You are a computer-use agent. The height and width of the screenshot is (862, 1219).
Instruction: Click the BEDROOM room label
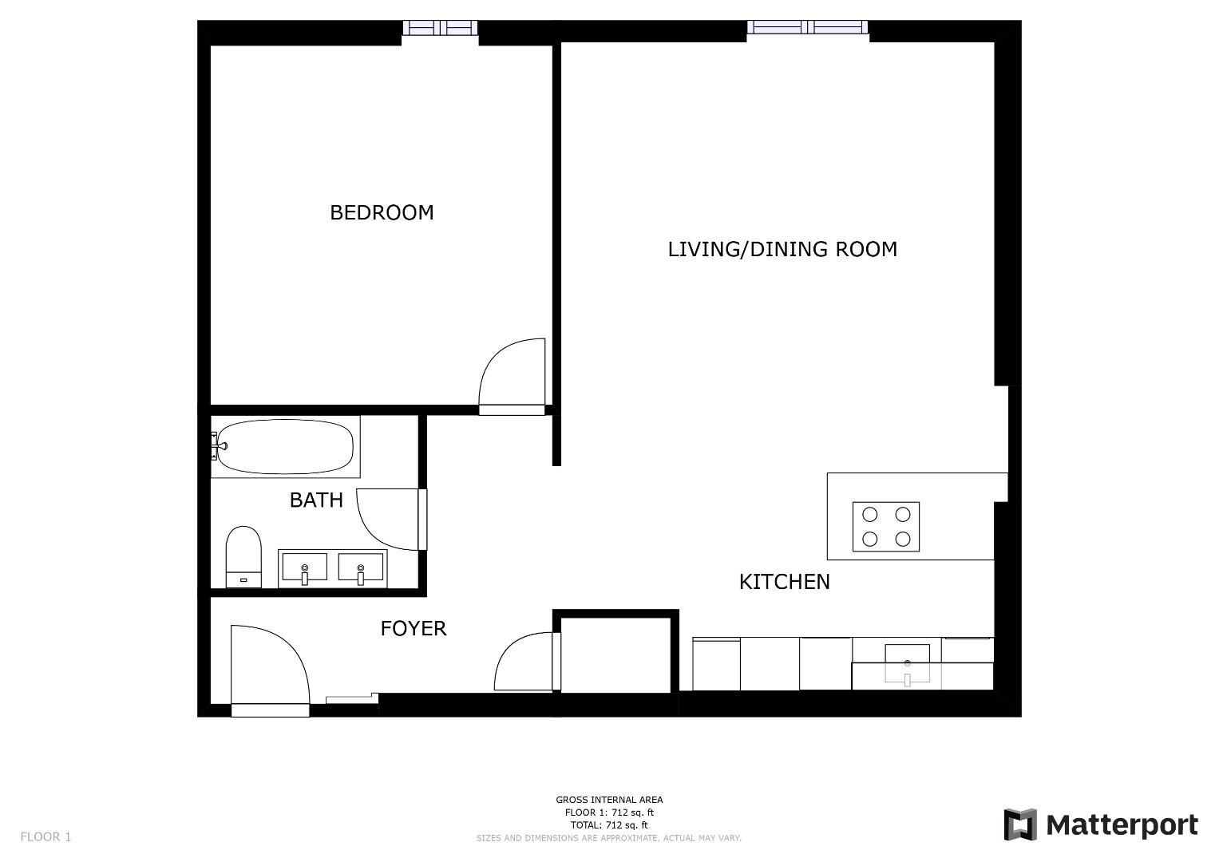382,212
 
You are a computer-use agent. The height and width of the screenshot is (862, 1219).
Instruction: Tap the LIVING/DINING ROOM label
782,249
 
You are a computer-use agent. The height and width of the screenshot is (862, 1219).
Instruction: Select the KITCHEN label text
784,582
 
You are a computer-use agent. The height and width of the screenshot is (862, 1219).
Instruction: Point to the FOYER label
413,629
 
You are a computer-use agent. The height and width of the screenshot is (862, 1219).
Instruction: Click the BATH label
316,500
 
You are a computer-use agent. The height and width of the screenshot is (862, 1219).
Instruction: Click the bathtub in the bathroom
285,447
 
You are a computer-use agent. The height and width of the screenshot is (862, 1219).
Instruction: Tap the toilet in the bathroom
243,557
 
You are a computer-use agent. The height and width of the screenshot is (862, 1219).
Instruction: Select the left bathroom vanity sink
305,568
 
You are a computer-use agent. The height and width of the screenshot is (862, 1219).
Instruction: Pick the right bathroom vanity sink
360,568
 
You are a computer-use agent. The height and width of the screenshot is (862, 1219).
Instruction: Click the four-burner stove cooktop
886,527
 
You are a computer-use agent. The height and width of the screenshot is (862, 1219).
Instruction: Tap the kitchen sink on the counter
907,664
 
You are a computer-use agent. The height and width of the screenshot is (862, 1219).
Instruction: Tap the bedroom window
440,28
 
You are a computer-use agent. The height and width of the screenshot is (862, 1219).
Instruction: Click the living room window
808,27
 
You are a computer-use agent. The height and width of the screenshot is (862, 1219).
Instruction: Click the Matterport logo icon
1019,824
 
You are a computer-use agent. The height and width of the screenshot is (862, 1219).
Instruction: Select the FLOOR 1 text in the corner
46,836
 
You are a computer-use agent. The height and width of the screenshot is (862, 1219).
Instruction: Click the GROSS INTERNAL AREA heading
609,800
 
